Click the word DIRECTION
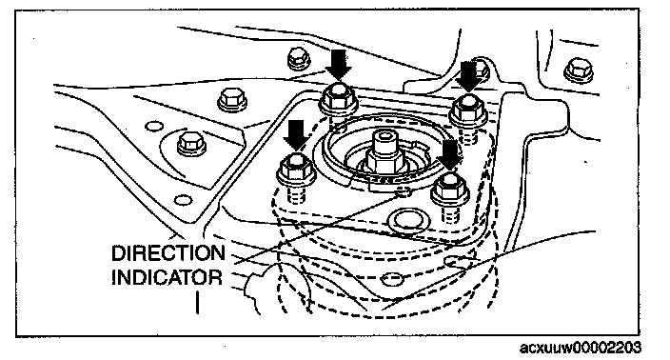point(167,252)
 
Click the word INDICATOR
point(167,277)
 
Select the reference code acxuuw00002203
point(581,348)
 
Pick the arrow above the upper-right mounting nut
point(469,75)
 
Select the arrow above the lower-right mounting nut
point(449,155)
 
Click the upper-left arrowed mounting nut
point(339,99)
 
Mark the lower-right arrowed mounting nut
point(449,190)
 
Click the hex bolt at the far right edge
point(580,70)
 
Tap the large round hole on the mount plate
point(408,220)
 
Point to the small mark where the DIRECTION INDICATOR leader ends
point(403,192)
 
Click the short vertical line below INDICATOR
point(197,302)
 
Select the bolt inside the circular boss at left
point(191,144)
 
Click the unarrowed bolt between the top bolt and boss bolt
point(232,100)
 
